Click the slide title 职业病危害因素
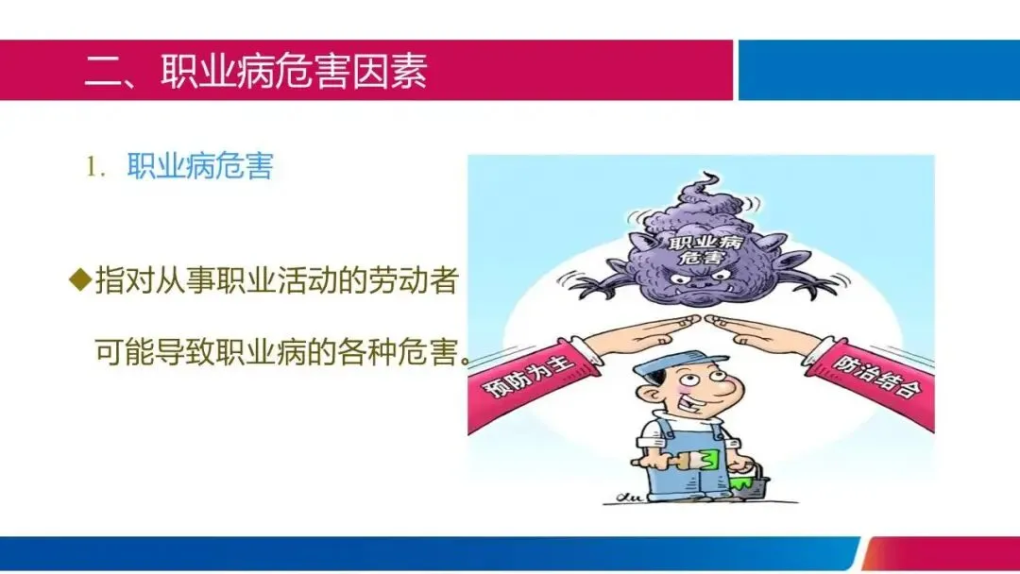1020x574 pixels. point(294,70)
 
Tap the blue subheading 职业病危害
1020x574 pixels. point(199,166)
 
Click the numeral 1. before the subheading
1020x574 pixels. point(95,168)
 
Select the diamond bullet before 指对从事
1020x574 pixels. point(80,279)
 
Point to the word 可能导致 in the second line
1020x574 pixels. point(156,352)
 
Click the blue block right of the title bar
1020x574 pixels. point(879,70)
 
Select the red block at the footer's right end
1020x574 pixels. point(941,554)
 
